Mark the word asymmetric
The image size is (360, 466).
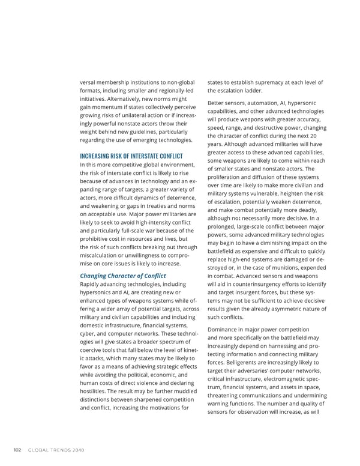[x=286, y=309]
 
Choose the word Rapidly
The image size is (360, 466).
[x=92, y=284]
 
